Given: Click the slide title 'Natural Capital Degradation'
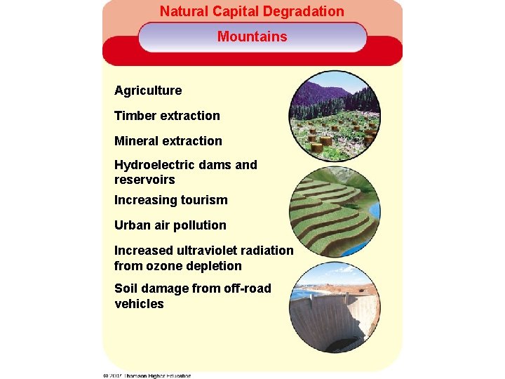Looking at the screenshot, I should click(252, 11).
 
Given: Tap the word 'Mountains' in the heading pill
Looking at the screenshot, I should click(252, 36).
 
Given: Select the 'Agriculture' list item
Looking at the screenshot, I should click(148, 91).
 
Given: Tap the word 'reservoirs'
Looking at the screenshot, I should click(144, 180).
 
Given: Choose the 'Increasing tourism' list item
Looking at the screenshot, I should click(171, 200).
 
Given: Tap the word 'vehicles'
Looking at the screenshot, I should click(139, 304).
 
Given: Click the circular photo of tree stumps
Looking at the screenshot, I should click(335, 116).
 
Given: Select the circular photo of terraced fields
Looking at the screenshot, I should click(335, 212).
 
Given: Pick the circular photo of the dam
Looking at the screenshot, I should click(335, 312).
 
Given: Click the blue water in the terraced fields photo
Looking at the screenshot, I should click(373, 211).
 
